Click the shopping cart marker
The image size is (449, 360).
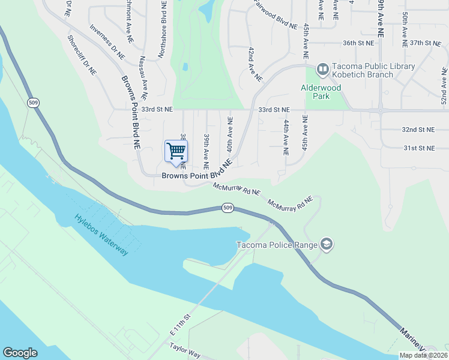click(x=176, y=151)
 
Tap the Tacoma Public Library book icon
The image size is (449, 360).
click(x=322, y=70)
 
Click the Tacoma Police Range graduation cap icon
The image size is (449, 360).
click(x=327, y=244)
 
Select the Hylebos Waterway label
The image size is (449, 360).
click(x=102, y=235)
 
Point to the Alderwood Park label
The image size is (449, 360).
click(x=321, y=91)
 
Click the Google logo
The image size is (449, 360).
click(x=20, y=353)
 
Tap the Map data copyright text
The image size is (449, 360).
click(x=423, y=355)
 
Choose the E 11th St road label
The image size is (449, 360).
click(x=179, y=325)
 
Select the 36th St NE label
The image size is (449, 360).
click(x=358, y=43)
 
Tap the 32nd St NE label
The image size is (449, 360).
click(x=418, y=130)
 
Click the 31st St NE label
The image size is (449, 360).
click(x=418, y=148)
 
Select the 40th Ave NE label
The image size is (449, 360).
click(x=229, y=134)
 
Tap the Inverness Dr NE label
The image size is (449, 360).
click(x=107, y=41)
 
